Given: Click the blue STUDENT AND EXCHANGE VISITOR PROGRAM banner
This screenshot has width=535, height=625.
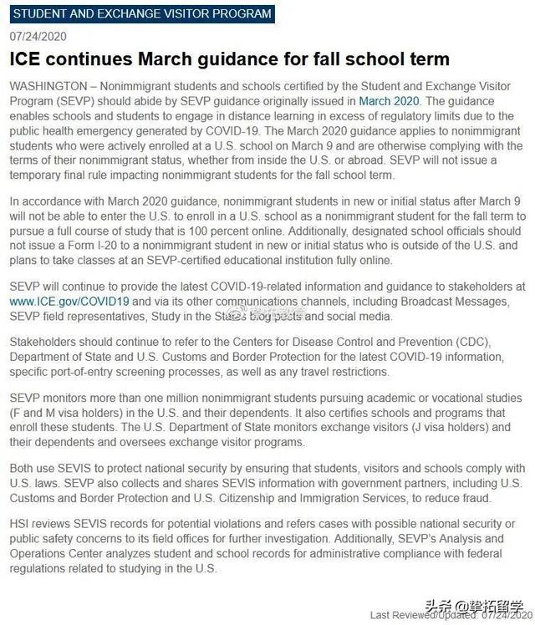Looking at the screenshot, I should click(143, 14).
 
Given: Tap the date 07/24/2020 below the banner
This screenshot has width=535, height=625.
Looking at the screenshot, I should click(38, 38).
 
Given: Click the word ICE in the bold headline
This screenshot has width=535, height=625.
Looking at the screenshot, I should click(27, 60).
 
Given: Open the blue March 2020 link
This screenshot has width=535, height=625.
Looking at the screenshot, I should click(389, 101).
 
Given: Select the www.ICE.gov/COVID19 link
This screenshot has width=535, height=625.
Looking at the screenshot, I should click(69, 301).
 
